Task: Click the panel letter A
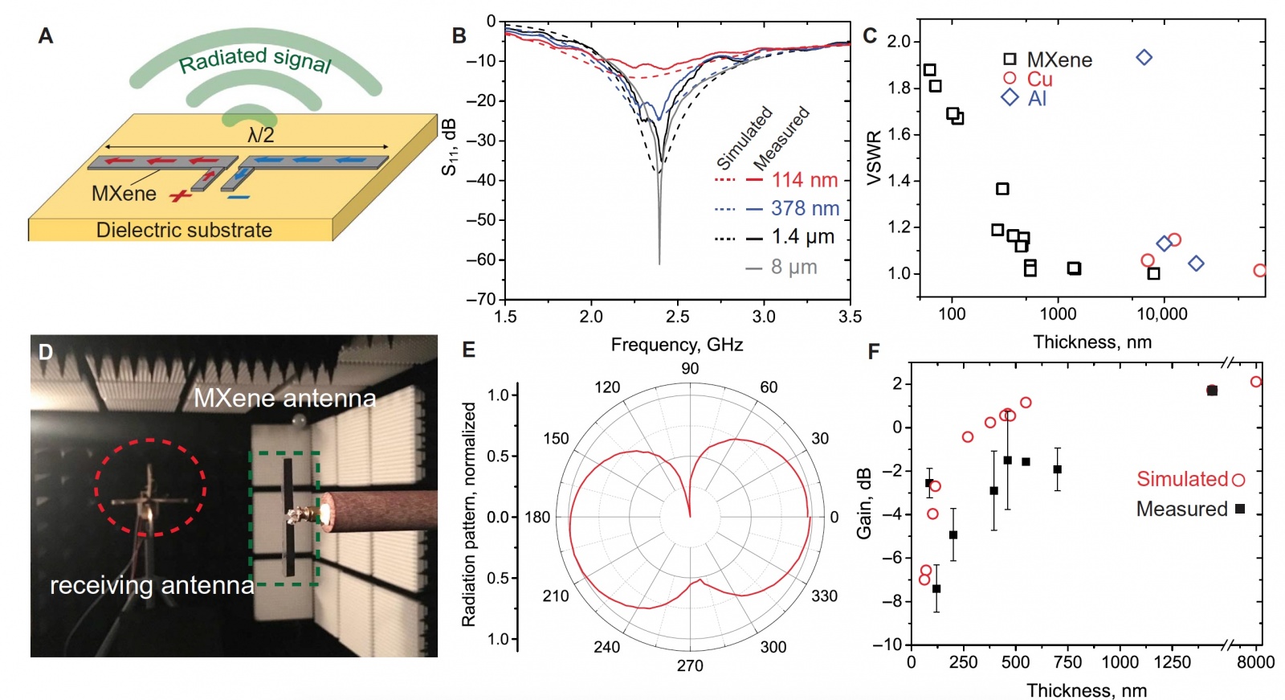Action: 46,36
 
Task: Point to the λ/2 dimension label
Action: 260,135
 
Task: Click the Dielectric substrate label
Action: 184,231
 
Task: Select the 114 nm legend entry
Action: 804,180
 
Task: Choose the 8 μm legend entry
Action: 793,267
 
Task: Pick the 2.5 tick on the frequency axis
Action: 677,317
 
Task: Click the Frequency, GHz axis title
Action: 676,345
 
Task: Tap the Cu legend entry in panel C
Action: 1039,79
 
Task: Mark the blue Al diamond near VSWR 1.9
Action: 1144,57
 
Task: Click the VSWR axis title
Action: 874,158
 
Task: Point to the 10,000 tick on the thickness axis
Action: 1162,314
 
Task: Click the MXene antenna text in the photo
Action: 284,399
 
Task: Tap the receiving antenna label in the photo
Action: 152,585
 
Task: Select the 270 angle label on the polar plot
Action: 690,665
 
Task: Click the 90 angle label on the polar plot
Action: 690,369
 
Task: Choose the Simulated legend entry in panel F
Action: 1182,479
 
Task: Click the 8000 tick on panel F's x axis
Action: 1255,662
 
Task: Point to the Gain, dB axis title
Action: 864,503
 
